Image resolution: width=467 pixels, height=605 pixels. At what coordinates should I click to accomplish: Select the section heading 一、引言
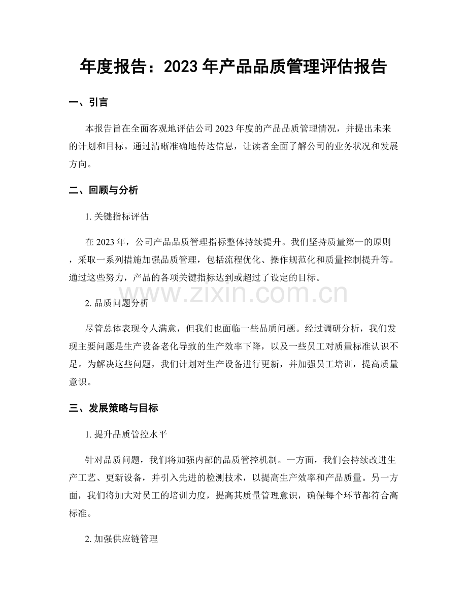(88, 103)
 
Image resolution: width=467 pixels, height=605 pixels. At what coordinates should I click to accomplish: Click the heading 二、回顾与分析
(104, 191)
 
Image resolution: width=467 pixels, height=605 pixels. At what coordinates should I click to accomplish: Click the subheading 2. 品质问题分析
(117, 303)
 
